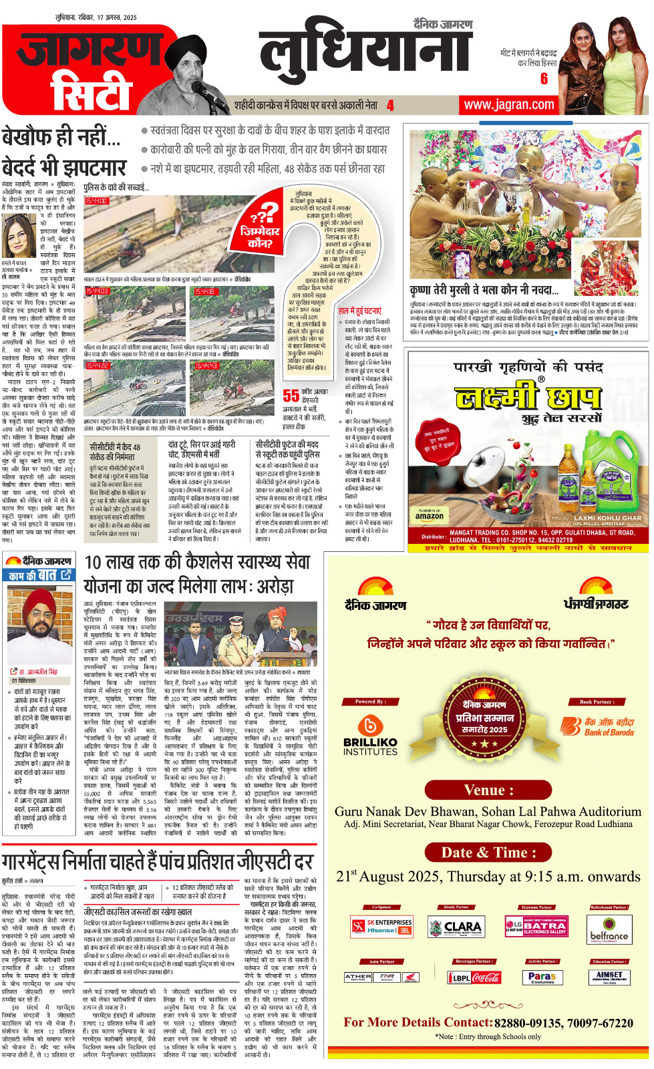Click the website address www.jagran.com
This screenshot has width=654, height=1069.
click(509, 105)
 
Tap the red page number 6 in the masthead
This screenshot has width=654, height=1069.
click(544, 79)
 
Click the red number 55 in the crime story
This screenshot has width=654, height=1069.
click(291, 396)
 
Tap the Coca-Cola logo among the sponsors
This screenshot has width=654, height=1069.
click(486, 977)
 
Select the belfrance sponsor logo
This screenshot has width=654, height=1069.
click(609, 935)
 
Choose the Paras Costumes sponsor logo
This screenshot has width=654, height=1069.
click(542, 977)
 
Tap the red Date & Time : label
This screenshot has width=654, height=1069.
click(489, 853)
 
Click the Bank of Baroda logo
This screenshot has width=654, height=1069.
click(597, 727)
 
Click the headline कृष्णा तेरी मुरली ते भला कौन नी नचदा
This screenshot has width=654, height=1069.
click(484, 290)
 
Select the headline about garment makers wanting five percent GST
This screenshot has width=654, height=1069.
click(157, 861)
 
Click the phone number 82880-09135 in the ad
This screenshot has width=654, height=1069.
click(529, 1024)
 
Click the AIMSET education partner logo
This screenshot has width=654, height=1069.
click(609, 977)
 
